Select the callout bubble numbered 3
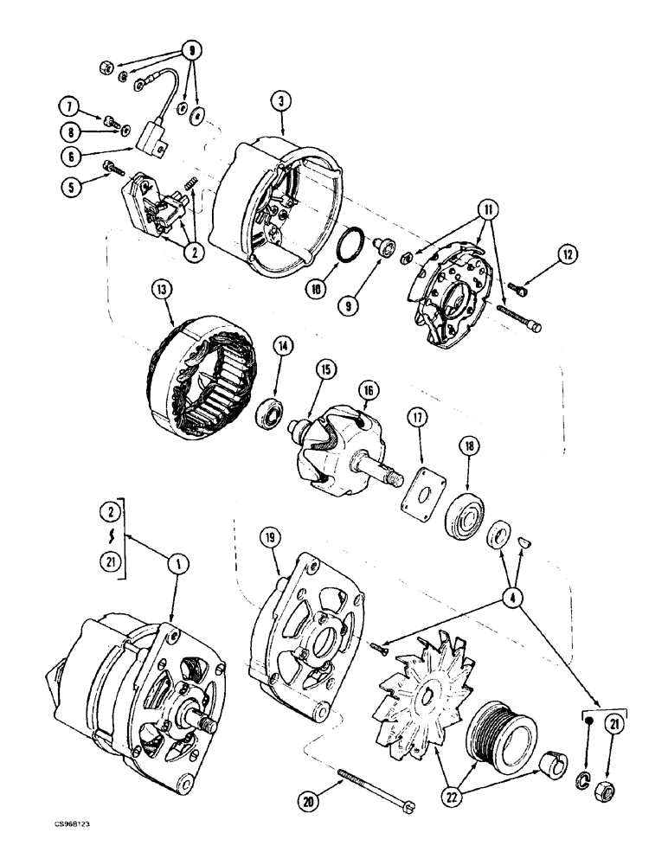click(281, 102)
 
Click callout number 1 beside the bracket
click(177, 564)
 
